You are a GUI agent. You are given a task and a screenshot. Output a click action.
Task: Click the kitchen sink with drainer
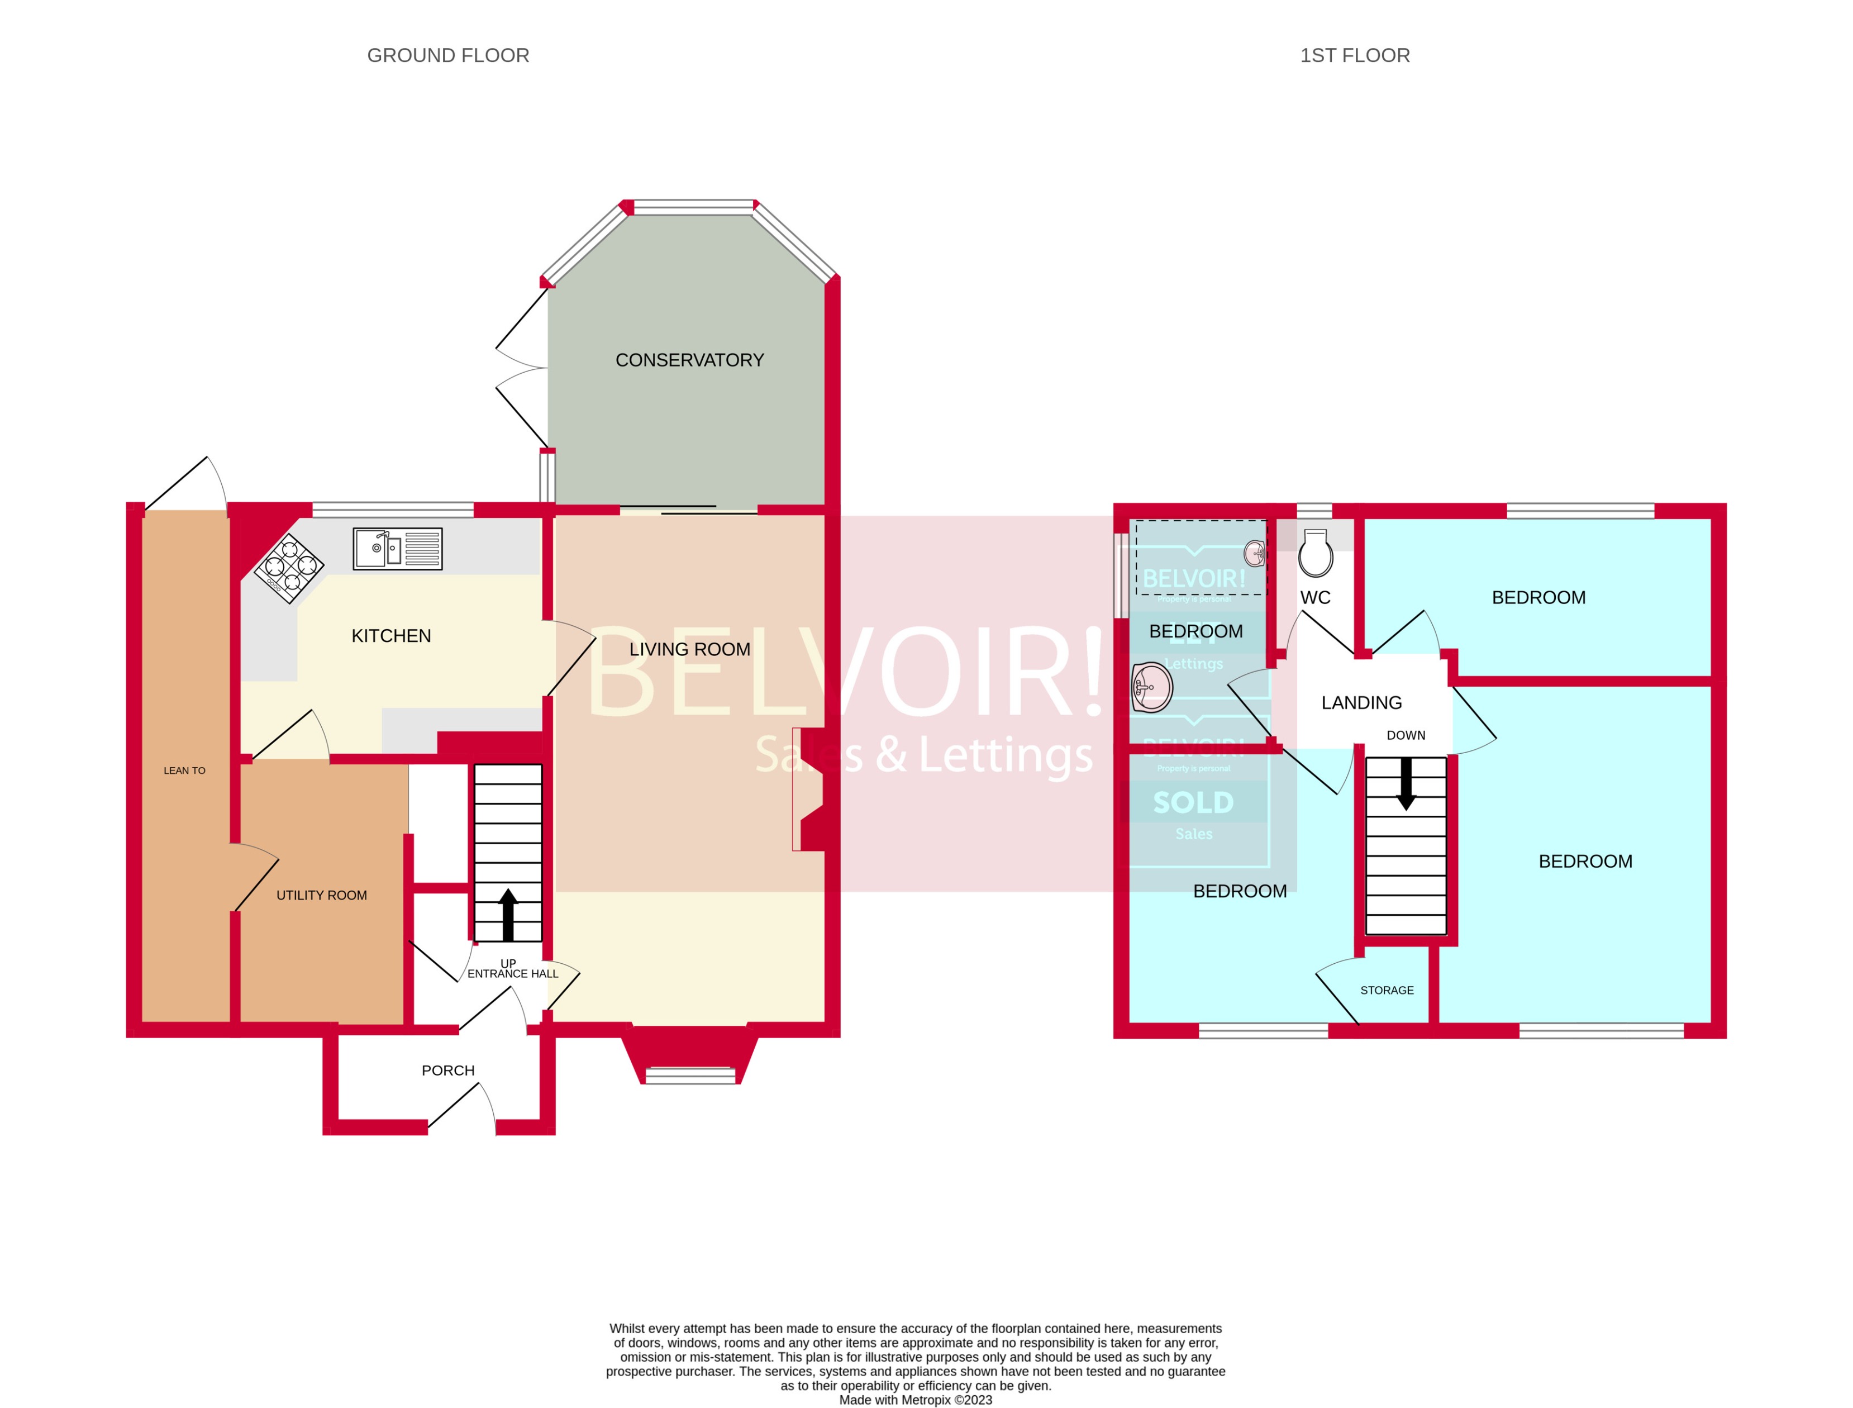(x=397, y=549)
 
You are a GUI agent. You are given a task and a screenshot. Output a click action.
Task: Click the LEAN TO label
(x=184, y=770)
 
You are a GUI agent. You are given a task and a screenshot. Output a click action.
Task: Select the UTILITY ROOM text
(x=322, y=895)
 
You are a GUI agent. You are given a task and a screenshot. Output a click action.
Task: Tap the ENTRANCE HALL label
(x=512, y=974)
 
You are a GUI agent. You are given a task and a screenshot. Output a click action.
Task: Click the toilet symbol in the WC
(x=1315, y=553)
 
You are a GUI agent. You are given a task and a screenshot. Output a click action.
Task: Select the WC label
(x=1315, y=598)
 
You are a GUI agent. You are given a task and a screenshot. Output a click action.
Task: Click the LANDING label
(x=1361, y=703)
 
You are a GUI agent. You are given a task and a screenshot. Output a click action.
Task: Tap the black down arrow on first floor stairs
(x=1406, y=783)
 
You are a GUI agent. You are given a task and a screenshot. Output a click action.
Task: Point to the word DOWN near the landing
(x=1406, y=735)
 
